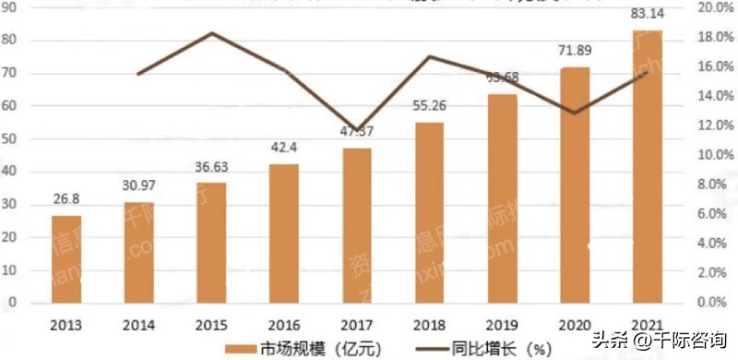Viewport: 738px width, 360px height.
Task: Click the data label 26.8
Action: (66, 200)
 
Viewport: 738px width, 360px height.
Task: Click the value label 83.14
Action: (647, 15)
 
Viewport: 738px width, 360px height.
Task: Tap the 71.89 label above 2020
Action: (575, 51)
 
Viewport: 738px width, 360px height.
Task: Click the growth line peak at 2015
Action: (211, 33)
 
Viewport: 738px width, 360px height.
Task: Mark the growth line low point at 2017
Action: (356, 128)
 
